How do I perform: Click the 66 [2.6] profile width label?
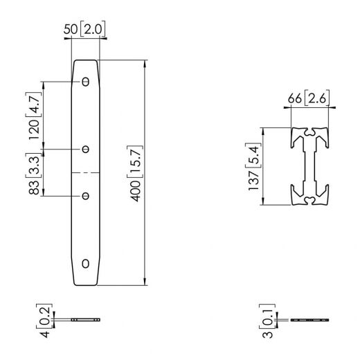coord(308,99)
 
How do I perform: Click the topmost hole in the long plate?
coord(86,82)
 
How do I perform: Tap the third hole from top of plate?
coord(86,196)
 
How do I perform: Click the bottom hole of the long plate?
coord(86,263)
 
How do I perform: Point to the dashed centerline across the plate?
coord(86,171)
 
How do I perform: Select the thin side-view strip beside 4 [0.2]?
coord(86,320)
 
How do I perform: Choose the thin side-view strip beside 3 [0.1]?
coord(309,321)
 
